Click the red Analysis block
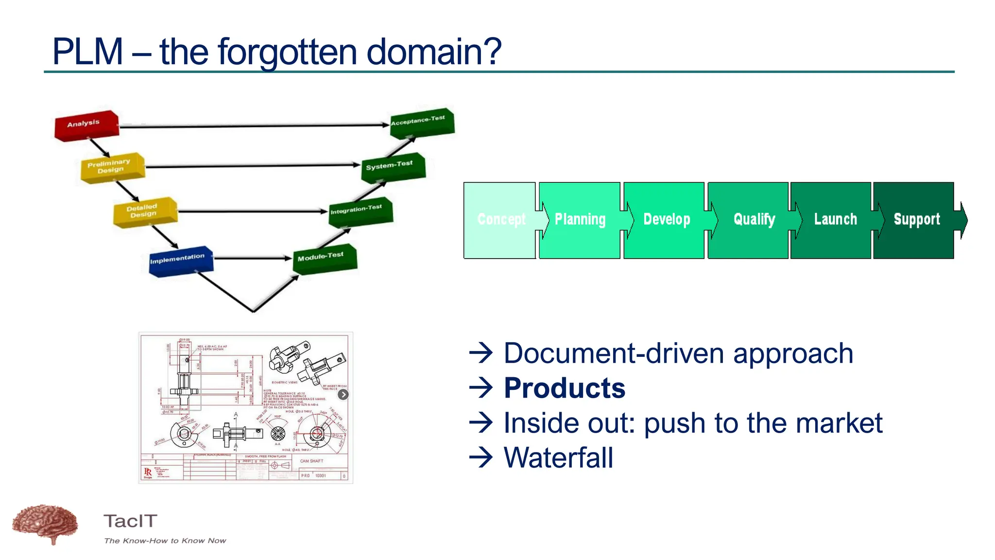click(86, 125)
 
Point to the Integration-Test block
click(360, 211)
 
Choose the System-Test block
click(393, 167)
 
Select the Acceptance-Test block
click(422, 122)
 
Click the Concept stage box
click(500, 220)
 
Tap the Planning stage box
click(580, 220)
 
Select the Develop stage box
click(666, 220)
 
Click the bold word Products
click(564, 388)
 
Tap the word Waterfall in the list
click(558, 457)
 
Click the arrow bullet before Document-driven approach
click(481, 353)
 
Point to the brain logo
click(45, 524)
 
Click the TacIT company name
click(130, 521)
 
